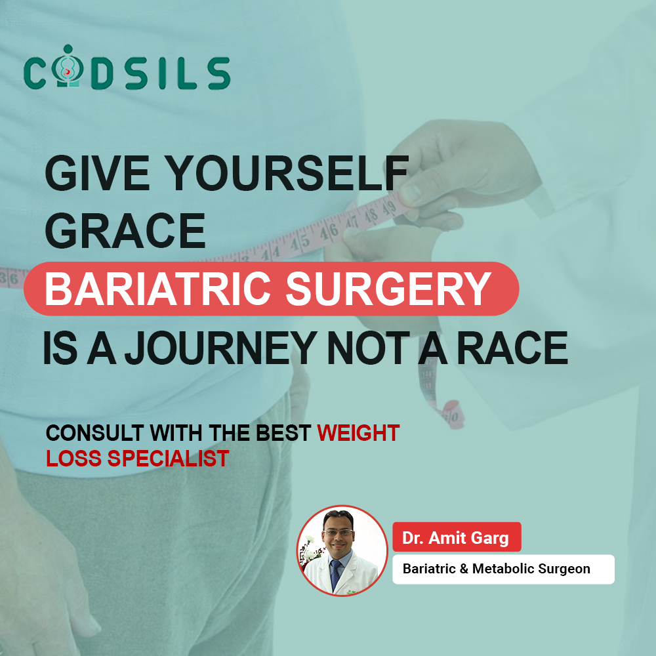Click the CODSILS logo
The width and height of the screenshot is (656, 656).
(x=127, y=68)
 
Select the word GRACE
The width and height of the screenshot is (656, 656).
(x=125, y=230)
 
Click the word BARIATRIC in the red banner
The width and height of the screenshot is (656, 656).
(x=157, y=289)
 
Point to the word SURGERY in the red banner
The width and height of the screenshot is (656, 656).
(x=388, y=289)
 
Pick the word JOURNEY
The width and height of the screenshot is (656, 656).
(x=220, y=348)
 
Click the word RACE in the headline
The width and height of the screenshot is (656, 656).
(x=512, y=348)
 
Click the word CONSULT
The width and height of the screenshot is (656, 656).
(x=95, y=432)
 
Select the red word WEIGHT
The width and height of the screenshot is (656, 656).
(x=358, y=432)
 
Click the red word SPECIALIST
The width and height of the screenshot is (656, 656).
(x=168, y=458)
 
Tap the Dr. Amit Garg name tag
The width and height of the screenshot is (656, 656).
(x=457, y=537)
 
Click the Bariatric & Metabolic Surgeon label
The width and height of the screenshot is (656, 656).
(x=503, y=569)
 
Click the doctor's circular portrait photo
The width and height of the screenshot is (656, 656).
(x=342, y=550)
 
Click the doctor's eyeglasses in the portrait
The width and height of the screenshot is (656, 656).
(x=338, y=533)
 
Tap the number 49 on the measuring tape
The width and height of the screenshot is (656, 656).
(x=388, y=208)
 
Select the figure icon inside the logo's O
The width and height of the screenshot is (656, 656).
(x=68, y=66)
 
